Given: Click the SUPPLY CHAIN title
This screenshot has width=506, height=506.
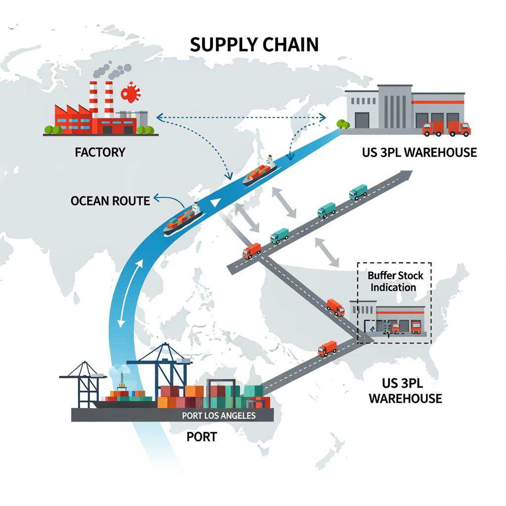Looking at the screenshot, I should (x=254, y=44).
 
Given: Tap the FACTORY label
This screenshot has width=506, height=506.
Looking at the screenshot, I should (x=100, y=152).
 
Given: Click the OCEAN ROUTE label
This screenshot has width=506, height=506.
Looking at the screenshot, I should (x=110, y=201).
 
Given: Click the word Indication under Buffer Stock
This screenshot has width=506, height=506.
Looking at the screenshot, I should (x=393, y=287).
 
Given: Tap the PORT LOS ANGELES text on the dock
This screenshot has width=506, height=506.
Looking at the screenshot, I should (x=218, y=416).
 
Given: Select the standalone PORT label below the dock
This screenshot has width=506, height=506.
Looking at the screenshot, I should (x=202, y=437).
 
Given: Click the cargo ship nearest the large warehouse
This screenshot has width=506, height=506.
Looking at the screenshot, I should (x=259, y=172).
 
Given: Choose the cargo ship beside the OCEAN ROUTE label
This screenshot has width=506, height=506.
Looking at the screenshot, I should (x=184, y=218).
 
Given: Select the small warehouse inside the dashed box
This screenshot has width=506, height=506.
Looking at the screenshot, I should (x=388, y=318).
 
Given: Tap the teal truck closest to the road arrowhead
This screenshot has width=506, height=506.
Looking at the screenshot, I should (x=358, y=192).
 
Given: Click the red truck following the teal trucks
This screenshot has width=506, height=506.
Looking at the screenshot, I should (x=252, y=251).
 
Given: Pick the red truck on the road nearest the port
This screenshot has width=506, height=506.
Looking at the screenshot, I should (x=327, y=348).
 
